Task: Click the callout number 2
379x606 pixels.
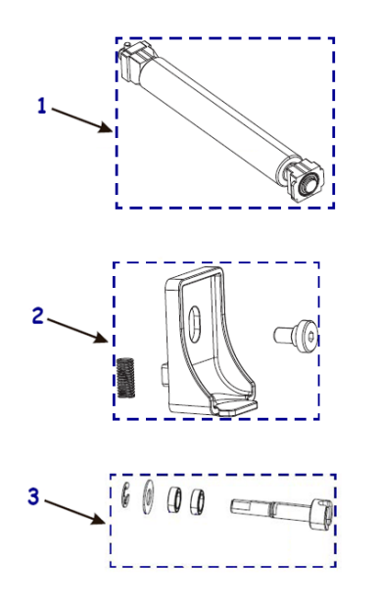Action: [37, 315]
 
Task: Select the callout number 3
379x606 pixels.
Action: [33, 496]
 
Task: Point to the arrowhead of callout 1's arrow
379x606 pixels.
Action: [111, 130]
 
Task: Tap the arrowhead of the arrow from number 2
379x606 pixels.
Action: [109, 342]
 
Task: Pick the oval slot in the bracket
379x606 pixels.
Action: [195, 320]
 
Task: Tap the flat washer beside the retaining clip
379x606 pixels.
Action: [150, 495]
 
